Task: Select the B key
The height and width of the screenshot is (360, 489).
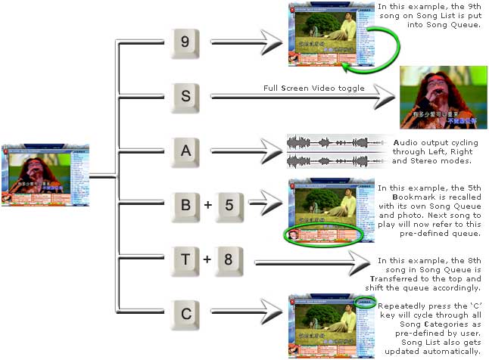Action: (185, 203)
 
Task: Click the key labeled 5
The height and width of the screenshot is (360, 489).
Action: (231, 203)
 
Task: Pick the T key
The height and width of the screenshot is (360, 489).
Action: (185, 256)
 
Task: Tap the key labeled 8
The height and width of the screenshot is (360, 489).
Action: (231, 256)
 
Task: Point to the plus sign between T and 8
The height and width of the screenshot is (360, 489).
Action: (208, 257)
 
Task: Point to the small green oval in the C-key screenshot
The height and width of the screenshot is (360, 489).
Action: (366, 304)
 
